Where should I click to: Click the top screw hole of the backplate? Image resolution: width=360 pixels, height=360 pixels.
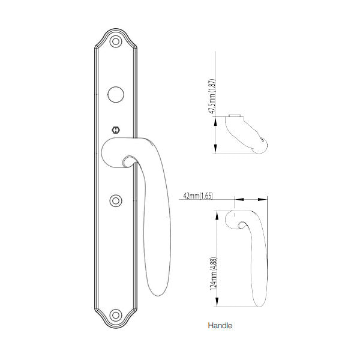[x=115, y=41]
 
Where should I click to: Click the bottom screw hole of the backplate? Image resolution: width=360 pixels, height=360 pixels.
[x=115, y=315]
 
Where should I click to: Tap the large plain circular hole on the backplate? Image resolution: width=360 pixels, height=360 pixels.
[x=116, y=94]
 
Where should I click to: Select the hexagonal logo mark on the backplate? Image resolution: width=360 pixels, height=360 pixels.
[x=116, y=130]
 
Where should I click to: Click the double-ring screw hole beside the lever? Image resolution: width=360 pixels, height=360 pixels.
[x=115, y=201]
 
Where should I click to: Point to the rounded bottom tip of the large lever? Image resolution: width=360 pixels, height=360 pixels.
[x=158, y=295]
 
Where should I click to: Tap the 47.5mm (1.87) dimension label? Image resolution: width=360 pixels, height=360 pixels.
[x=212, y=96]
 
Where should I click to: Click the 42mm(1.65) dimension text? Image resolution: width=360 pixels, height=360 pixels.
[x=198, y=196]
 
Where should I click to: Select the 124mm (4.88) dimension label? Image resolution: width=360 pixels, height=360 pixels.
[x=213, y=274]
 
